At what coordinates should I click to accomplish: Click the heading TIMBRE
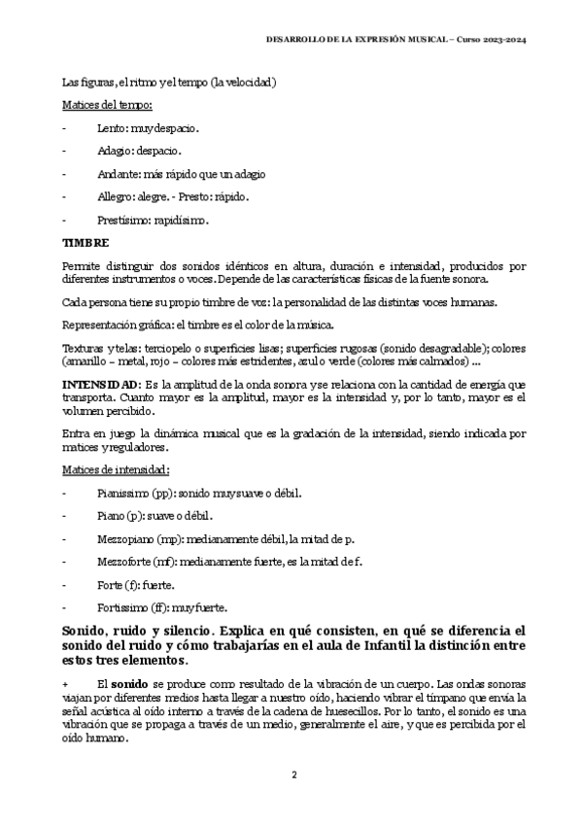tap(86, 242)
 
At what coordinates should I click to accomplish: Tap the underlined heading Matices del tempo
tap(105, 105)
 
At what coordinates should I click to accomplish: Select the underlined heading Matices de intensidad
tap(115, 470)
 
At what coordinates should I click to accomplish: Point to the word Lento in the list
tap(112, 128)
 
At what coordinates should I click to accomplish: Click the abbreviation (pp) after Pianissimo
tap(163, 494)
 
